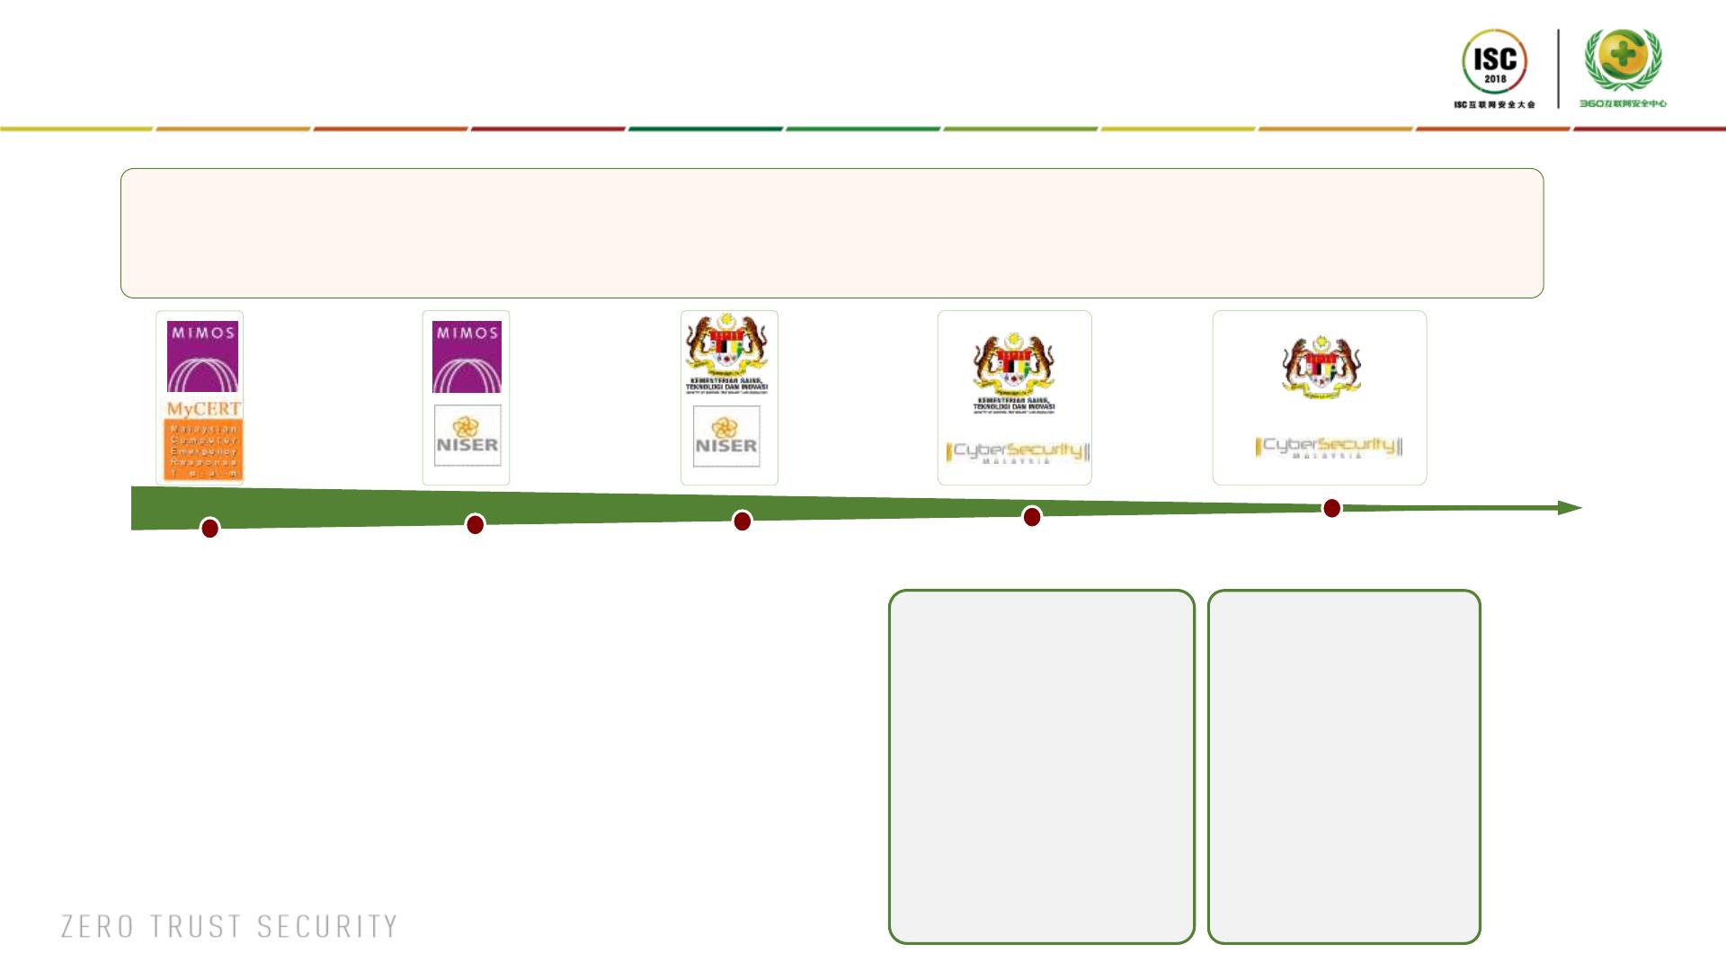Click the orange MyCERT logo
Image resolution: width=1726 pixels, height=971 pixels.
[203, 440]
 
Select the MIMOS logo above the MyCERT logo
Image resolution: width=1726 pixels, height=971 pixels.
[203, 357]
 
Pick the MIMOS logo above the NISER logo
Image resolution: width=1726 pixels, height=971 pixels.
[467, 357]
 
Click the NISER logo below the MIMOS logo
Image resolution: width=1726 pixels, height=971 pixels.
[467, 436]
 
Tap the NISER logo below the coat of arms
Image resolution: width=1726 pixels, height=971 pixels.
[726, 437]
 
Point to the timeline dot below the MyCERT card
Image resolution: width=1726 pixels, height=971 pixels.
[209, 528]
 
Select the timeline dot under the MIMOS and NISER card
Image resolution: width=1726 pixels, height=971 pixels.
[475, 524]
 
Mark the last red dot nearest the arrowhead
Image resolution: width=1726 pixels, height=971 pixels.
[1331, 508]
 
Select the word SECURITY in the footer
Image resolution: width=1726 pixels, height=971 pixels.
[327, 927]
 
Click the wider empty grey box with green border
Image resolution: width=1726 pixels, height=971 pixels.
[1041, 766]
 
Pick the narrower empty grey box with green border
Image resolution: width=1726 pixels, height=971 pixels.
[1344, 766]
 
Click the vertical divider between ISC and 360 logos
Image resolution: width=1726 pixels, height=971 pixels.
[1558, 68]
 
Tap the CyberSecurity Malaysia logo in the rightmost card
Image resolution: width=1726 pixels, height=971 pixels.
[1328, 447]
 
